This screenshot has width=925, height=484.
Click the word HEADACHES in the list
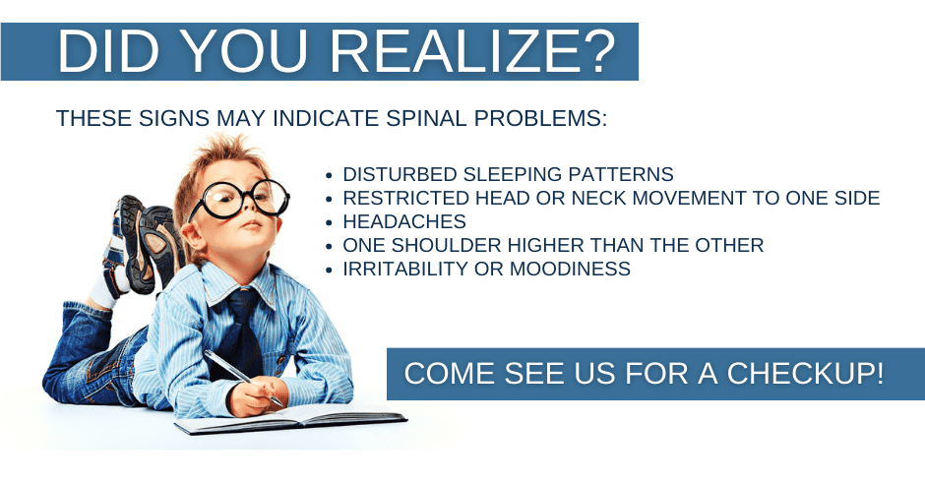[404, 221]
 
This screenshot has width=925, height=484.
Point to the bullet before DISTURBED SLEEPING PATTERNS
[330, 175]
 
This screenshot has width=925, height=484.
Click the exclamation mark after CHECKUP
[878, 374]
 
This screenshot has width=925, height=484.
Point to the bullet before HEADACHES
[330, 222]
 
